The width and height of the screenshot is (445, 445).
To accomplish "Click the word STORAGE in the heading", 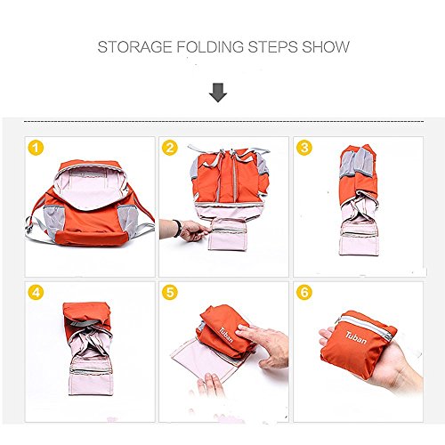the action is [134, 47].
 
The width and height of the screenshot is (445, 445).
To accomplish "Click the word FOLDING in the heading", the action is [210, 47].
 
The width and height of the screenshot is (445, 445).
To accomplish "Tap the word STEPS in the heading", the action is [272, 47].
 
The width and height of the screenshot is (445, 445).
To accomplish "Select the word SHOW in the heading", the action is [326, 47].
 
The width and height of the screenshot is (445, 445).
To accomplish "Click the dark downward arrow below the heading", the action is [218, 93].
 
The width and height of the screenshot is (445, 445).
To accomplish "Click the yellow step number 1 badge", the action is [36, 148].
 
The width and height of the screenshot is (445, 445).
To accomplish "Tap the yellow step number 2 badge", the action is [170, 148].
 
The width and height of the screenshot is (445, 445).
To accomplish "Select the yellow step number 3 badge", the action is [304, 148].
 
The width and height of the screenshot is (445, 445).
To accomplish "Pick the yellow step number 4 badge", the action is [36, 292].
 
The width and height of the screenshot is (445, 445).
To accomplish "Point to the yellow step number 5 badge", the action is [170, 292].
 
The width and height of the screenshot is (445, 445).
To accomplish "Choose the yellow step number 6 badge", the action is [304, 292].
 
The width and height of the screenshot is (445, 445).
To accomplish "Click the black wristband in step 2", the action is [178, 228].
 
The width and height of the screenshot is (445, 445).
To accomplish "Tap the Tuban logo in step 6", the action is [356, 337].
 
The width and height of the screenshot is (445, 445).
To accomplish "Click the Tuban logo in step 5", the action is [226, 335].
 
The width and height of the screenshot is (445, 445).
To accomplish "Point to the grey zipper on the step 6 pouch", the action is [367, 327].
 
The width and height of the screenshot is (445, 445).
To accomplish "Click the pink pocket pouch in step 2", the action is [228, 234].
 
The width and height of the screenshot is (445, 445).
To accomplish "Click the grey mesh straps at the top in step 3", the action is [357, 163].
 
